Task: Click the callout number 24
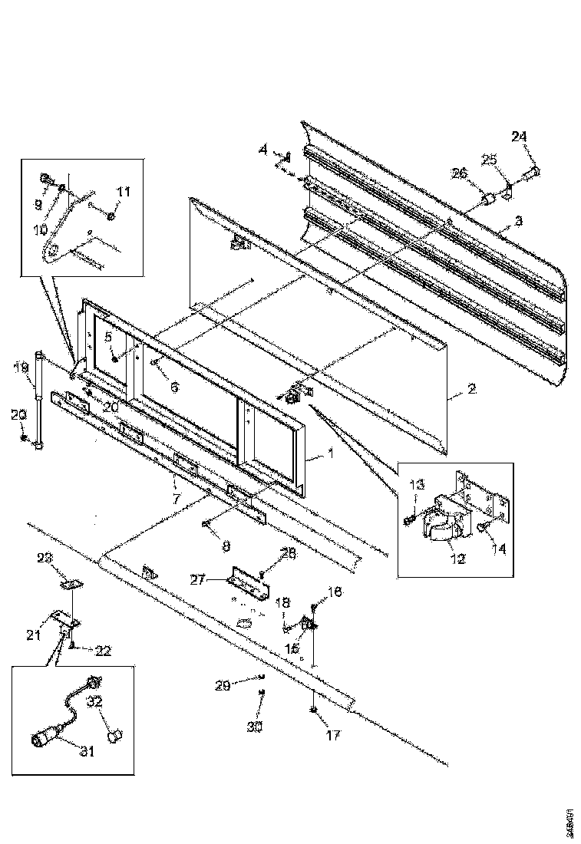pos(520,137)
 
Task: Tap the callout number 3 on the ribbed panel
pos(519,220)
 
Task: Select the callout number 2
pos(471,389)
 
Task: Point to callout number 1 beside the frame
pos(330,453)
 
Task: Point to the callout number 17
pos(333,734)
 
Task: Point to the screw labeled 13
pos(409,521)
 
